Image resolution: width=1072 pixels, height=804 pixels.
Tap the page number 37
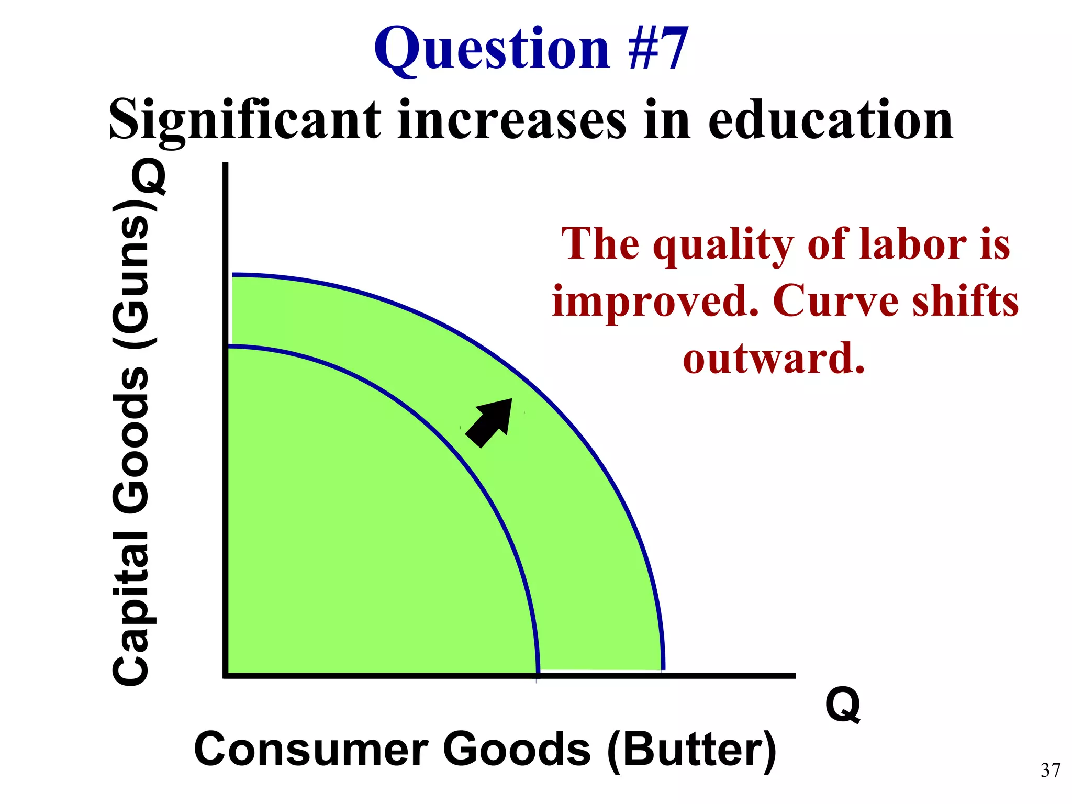[1050, 770]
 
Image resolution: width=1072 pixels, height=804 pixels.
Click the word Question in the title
[492, 50]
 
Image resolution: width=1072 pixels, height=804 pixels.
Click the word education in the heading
[830, 120]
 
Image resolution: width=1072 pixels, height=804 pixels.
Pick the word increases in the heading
[511, 120]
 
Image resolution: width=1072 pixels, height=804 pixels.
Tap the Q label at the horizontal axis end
[842, 705]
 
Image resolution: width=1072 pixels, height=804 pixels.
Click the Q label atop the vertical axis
[149, 176]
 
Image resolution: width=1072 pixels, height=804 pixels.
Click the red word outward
[774, 359]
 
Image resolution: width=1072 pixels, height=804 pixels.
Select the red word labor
[913, 244]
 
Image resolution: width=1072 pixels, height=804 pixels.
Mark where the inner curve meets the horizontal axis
[538, 674]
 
